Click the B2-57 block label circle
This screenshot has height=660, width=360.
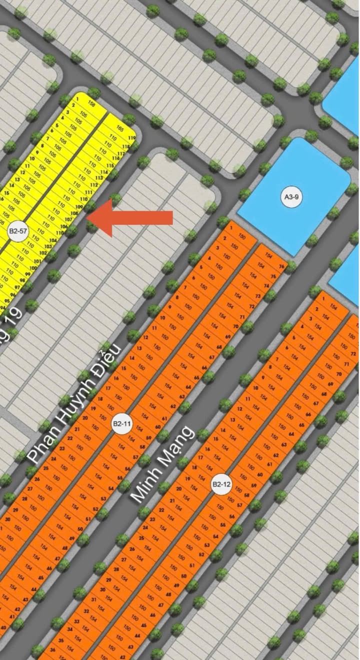[x=18, y=231]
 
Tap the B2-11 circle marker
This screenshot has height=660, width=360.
[x=122, y=424]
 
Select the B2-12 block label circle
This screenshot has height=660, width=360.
[x=220, y=484]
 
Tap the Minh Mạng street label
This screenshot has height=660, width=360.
[x=161, y=463]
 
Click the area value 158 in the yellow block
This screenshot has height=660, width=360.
[x=91, y=105]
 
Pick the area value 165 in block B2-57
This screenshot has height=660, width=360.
[x=119, y=128]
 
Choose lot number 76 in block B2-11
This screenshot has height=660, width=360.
[x=281, y=266]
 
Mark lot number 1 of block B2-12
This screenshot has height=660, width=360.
[x=323, y=299]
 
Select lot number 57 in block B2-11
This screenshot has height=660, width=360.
[x=135, y=457]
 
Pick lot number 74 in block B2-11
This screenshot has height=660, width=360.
[x=266, y=286]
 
